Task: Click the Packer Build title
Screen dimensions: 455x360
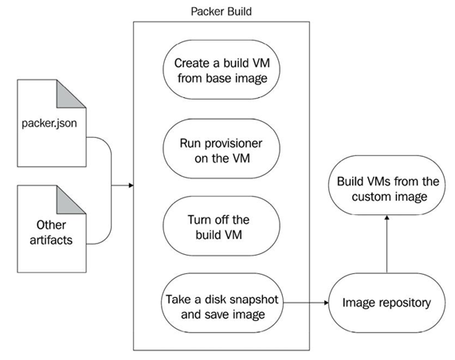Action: click(x=221, y=12)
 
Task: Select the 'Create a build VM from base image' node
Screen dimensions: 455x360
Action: click(x=222, y=70)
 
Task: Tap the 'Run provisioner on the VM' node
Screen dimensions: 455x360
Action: click(x=222, y=148)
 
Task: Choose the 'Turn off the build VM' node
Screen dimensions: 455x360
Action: click(x=222, y=226)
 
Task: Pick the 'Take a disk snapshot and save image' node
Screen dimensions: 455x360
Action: click(x=222, y=303)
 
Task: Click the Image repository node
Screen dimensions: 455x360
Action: click(x=386, y=303)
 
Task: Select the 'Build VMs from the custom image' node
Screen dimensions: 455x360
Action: click(x=386, y=186)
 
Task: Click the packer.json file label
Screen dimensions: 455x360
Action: click(x=49, y=123)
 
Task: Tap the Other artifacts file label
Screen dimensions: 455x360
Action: click(x=51, y=233)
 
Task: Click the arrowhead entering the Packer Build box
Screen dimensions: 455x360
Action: click(x=131, y=186)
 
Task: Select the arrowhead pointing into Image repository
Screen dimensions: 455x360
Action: click(x=326, y=303)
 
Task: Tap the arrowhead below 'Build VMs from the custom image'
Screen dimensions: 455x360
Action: click(x=386, y=218)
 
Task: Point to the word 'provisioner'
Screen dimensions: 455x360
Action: click(x=236, y=143)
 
